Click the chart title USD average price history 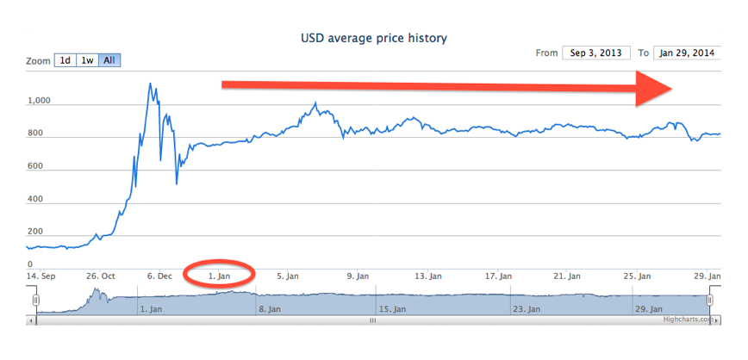click(x=374, y=38)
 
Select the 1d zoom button click(x=65, y=61)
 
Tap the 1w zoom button click(x=87, y=61)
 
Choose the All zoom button click(x=109, y=61)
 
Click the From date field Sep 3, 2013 click(x=596, y=53)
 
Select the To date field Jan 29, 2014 click(x=687, y=53)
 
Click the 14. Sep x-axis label click(x=40, y=276)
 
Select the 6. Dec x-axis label click(x=159, y=276)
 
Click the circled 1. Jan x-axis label click(x=220, y=276)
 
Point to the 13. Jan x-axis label click(x=427, y=276)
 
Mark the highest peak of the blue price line click(x=150, y=84)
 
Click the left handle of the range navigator click(x=36, y=300)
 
